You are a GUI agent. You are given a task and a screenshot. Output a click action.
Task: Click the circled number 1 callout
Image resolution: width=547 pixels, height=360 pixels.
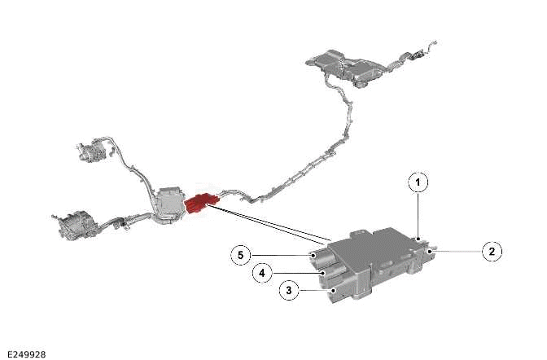tap(418, 182)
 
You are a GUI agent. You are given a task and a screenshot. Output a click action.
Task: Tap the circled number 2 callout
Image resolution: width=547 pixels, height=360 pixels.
tap(492, 252)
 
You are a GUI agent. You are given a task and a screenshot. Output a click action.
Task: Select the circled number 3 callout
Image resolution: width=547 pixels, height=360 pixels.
tap(289, 290)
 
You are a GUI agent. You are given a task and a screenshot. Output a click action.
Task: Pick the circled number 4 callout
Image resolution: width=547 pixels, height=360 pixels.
tap(262, 273)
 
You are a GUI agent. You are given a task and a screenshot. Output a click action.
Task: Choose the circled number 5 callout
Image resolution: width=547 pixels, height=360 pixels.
tap(241, 255)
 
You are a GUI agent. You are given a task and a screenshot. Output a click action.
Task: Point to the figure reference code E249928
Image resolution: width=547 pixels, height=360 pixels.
tap(27, 354)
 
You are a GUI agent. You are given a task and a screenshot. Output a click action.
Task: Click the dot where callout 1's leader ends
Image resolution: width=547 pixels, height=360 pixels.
tap(418, 239)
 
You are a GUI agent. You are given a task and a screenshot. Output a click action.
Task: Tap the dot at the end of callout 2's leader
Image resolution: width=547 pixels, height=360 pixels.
tap(431, 251)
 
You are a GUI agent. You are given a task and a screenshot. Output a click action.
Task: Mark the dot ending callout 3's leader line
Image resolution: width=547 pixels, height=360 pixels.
tap(334, 290)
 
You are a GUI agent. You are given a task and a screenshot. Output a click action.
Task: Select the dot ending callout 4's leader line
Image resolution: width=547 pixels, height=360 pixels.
tap(325, 273)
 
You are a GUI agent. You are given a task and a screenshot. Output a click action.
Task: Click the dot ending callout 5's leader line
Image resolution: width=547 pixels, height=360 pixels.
tap(313, 255)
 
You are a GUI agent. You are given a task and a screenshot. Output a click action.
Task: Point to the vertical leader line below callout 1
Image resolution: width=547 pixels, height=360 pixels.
tap(418, 216)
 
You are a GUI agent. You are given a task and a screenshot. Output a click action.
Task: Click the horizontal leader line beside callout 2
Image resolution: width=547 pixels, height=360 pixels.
tap(457, 251)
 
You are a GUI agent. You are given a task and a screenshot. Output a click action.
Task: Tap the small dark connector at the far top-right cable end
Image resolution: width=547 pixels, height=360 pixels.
tap(418, 54)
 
